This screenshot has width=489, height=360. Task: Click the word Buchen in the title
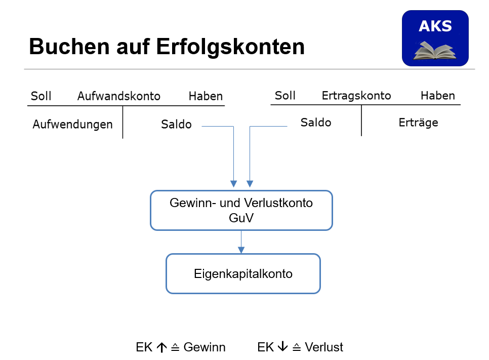pyautogui.click(x=69, y=47)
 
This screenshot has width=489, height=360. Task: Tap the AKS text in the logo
pyautogui.click(x=435, y=26)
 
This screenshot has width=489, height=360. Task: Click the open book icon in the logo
pyautogui.click(x=435, y=51)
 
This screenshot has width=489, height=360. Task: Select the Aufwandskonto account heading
pyautogui.click(x=119, y=96)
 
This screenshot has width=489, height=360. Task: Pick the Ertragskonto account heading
pyautogui.click(x=356, y=96)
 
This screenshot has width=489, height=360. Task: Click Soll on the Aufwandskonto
pyautogui.click(x=41, y=96)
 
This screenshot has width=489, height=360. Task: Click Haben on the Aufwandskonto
pyautogui.click(x=206, y=96)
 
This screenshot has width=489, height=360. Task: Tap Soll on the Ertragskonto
pyautogui.click(x=285, y=96)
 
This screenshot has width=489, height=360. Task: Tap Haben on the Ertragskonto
pyautogui.click(x=437, y=96)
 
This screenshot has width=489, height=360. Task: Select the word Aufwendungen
pyautogui.click(x=73, y=125)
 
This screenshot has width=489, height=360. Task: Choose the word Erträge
pyautogui.click(x=418, y=123)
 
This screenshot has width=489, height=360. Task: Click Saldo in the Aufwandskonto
pyautogui.click(x=176, y=125)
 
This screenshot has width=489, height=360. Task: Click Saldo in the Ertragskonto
pyautogui.click(x=315, y=123)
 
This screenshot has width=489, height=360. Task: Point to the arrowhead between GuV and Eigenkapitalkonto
pyautogui.click(x=241, y=250)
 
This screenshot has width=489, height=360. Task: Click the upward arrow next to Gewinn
pyautogui.click(x=161, y=347)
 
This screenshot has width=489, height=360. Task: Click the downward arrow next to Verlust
pyautogui.click(x=282, y=346)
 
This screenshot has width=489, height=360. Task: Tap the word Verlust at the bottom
pyautogui.click(x=323, y=347)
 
